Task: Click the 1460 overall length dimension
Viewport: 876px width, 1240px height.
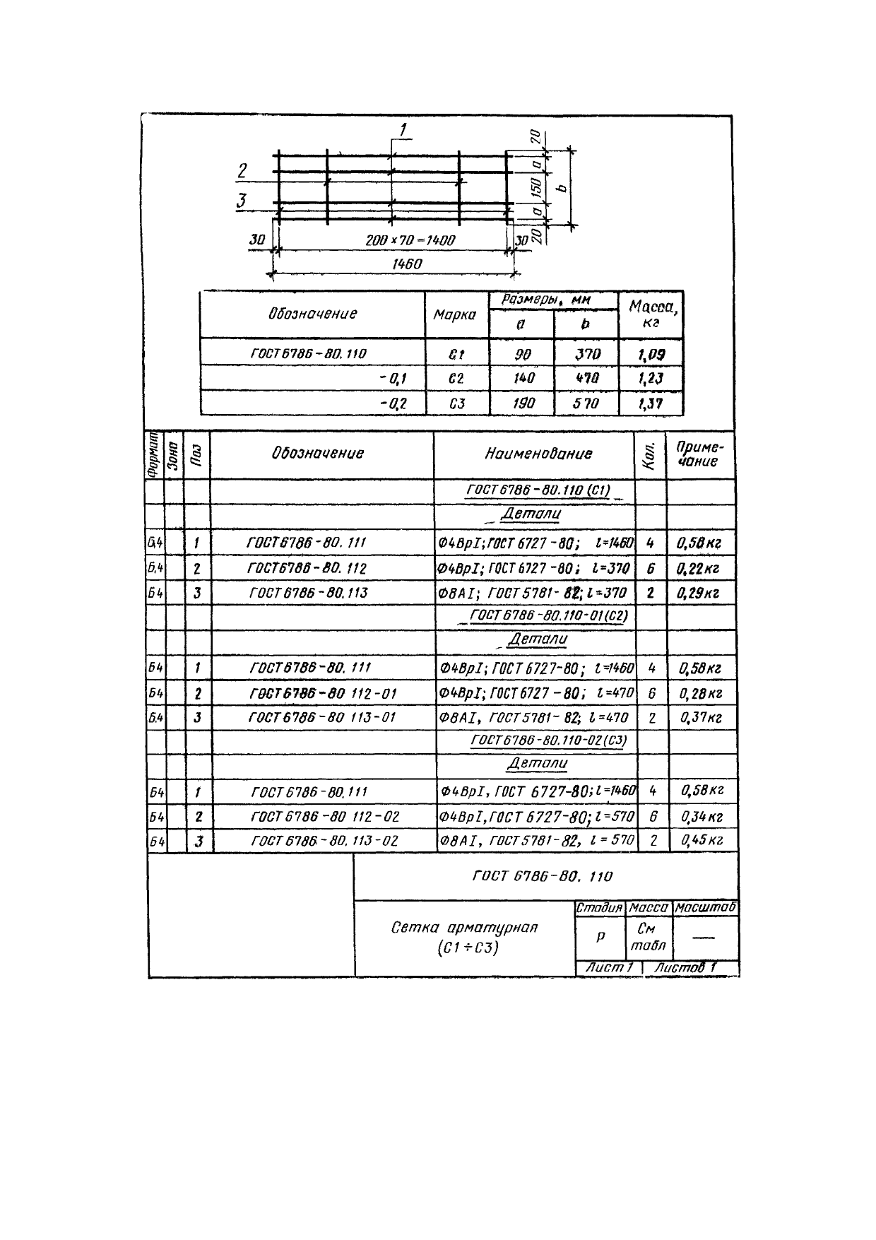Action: pos(406,264)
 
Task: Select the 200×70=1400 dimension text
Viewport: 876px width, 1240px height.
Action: pos(410,240)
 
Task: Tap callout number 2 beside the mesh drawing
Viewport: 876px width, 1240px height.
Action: pos(242,171)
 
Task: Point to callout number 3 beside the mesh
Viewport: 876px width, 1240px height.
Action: pos(242,201)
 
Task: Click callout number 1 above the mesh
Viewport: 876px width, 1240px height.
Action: pos(403,129)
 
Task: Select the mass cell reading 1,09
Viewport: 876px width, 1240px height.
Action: pos(651,354)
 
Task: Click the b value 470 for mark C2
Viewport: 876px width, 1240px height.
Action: pos(586,379)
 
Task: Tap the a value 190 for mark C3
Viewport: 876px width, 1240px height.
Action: pos(522,403)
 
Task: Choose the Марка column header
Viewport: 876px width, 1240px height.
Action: pos(454,314)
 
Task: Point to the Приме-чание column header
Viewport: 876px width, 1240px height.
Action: pos(699,454)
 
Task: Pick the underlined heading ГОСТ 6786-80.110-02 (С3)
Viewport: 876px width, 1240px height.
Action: pos(548,740)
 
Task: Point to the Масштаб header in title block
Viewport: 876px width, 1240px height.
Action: pos(705,907)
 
